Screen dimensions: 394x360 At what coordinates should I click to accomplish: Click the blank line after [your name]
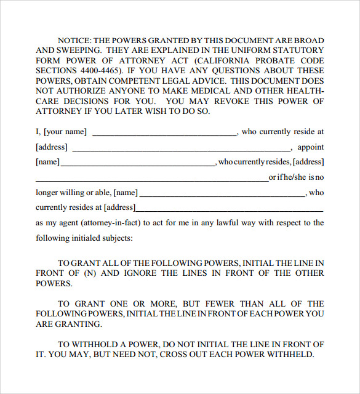click(164, 133)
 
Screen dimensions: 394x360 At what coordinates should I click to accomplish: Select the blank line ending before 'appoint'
click(182, 149)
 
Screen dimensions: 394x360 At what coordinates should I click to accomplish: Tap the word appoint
click(310, 147)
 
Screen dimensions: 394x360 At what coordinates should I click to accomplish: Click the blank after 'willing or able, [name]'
click(222, 195)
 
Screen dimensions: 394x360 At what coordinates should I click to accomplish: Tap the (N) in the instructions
click(90, 273)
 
